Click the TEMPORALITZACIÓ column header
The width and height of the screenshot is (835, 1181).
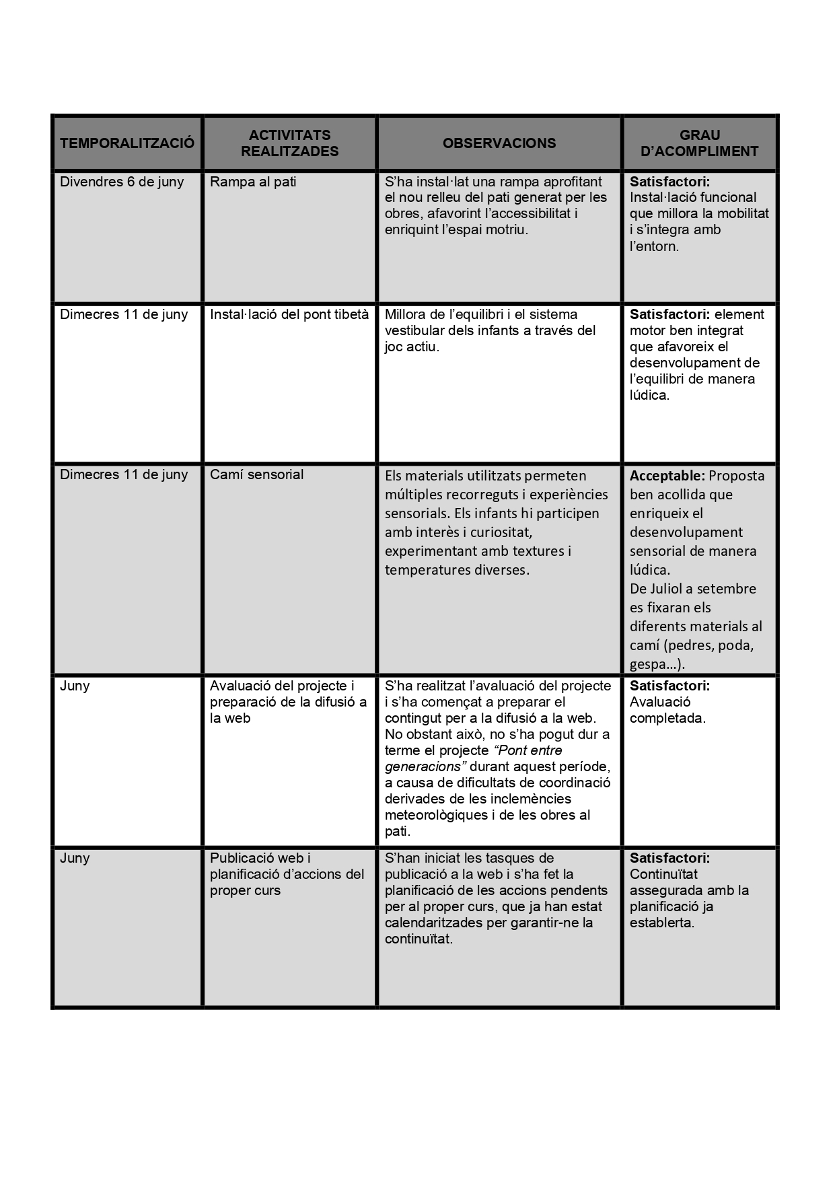point(127,143)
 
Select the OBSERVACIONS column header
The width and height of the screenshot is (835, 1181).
point(499,143)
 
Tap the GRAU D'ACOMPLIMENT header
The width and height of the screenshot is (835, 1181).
point(700,143)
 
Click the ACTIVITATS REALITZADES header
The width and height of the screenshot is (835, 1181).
point(289,143)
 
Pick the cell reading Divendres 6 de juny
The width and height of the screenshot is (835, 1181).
point(122,182)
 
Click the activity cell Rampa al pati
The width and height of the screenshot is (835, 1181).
point(253,182)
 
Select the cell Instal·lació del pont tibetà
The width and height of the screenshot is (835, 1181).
point(289,314)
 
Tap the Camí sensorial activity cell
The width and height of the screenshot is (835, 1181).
point(256,474)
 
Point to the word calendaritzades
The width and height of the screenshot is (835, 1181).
point(433,923)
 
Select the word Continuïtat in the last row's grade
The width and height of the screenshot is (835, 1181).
point(663,874)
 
